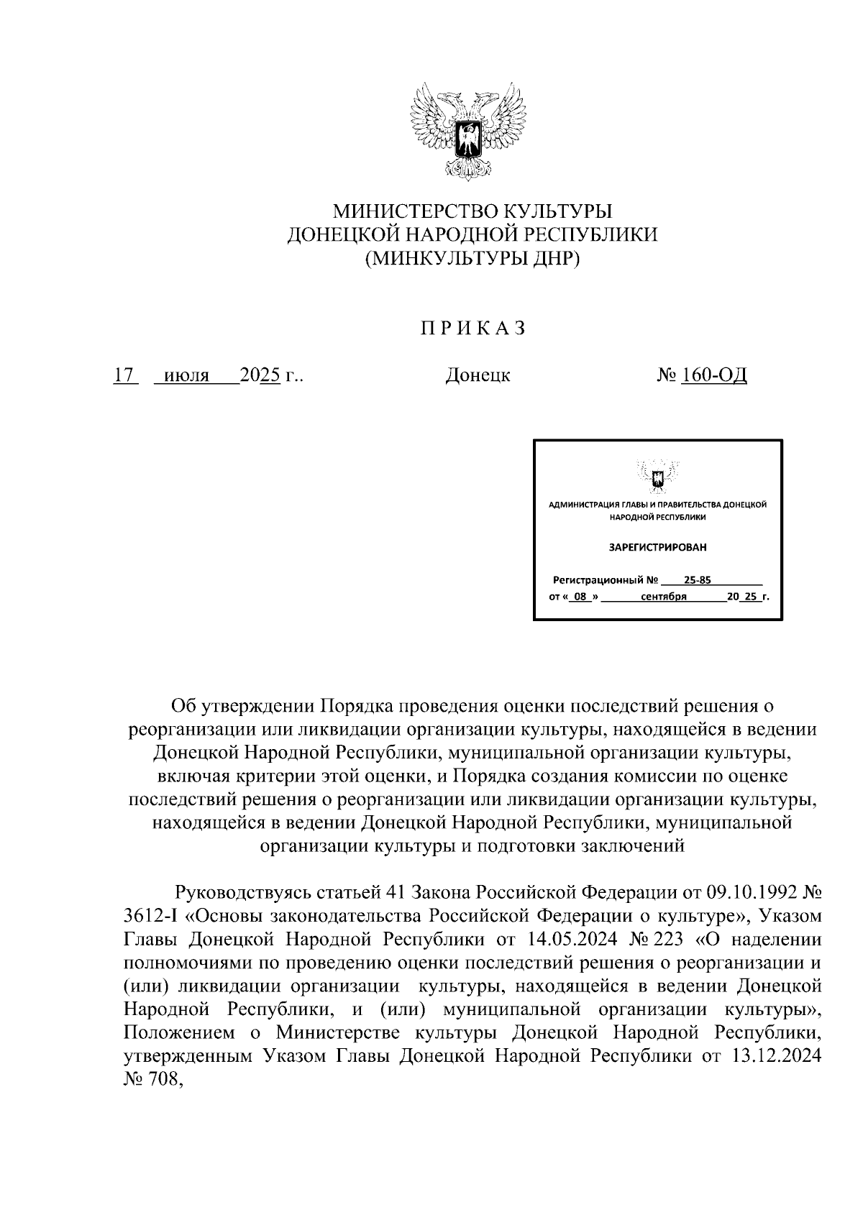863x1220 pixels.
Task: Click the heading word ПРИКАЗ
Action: click(x=472, y=329)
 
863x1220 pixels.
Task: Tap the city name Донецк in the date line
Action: click(x=478, y=375)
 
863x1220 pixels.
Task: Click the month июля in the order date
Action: click(x=186, y=375)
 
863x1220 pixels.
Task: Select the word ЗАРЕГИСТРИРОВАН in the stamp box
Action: click(x=657, y=547)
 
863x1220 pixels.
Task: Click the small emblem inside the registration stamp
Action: click(x=657, y=478)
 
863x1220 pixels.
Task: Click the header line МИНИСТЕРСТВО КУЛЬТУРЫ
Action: click(x=472, y=211)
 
